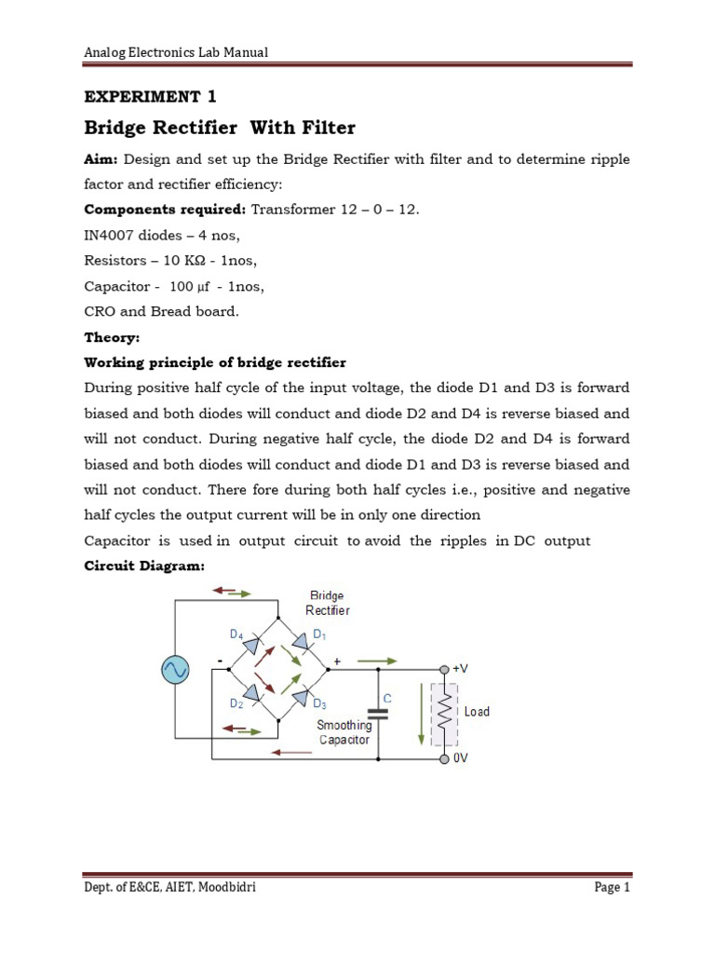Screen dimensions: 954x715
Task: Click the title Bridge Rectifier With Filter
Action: (x=220, y=127)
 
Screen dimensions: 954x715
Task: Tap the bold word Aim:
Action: (x=101, y=159)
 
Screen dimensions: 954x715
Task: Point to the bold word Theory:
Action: (x=111, y=337)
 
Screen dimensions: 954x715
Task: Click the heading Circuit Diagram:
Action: (x=143, y=566)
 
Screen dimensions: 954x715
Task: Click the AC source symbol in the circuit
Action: (x=176, y=668)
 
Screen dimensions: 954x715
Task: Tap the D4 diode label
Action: (x=236, y=634)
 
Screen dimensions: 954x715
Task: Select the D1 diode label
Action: (x=319, y=634)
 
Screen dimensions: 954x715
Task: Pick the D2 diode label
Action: (x=236, y=703)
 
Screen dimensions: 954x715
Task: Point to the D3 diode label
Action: (x=319, y=703)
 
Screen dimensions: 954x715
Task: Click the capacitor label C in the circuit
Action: (x=387, y=697)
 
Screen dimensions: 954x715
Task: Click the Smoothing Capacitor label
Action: (x=344, y=732)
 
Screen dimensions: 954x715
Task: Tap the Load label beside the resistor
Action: (x=477, y=712)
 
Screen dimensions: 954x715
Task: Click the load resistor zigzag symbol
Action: (x=445, y=713)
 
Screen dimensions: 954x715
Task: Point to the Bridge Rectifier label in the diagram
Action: (x=328, y=603)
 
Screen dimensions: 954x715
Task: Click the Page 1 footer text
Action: (x=613, y=888)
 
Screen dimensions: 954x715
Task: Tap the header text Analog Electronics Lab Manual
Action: (x=176, y=52)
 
